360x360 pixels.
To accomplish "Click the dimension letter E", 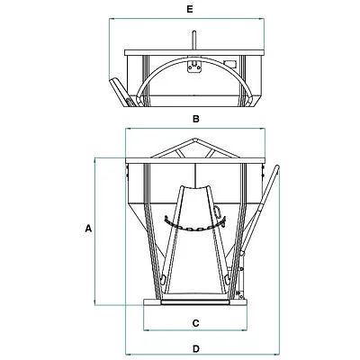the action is point(190,9).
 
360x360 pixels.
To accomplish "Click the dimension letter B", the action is point(195,119).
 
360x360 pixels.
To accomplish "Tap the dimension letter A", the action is point(88,229).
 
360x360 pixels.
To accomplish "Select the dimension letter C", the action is point(195,323).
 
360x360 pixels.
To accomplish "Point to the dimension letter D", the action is point(195,349).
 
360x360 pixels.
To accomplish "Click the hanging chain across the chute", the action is point(195,224).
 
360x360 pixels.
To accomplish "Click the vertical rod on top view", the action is point(194,40).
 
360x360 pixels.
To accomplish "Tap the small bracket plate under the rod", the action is point(194,67).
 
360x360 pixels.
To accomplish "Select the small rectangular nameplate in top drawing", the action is point(230,64).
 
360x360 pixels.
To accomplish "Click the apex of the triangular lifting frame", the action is point(195,139).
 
